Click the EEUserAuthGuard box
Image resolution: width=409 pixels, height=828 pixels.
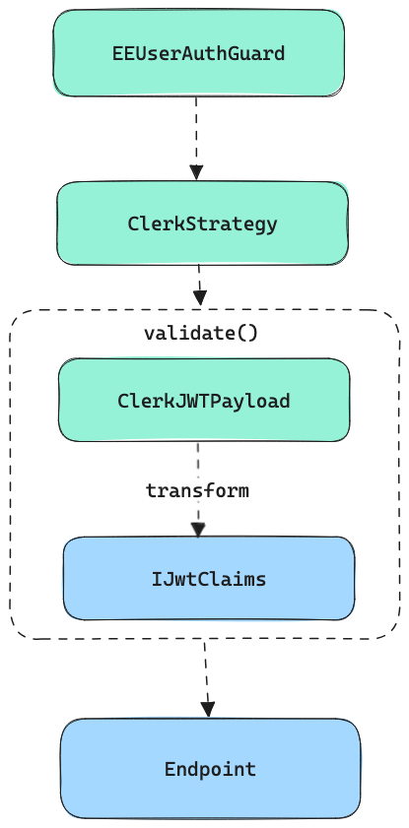click(199, 53)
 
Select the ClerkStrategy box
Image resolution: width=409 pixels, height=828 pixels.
click(202, 223)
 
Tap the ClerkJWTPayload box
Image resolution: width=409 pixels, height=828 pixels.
click(204, 401)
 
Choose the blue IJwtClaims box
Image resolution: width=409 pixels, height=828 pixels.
click(209, 579)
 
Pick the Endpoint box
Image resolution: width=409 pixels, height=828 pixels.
click(210, 768)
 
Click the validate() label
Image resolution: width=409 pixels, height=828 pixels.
click(201, 333)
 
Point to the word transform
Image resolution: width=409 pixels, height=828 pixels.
click(197, 490)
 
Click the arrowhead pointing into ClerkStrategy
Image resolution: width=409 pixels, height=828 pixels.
click(196, 172)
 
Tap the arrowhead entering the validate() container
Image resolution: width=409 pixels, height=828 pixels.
click(200, 297)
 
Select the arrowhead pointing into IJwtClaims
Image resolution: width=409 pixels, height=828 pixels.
click(198, 530)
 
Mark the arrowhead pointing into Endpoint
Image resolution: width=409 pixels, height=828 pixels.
click(208, 710)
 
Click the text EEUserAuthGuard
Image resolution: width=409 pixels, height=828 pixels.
click(199, 53)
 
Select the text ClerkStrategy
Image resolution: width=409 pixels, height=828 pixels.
click(202, 223)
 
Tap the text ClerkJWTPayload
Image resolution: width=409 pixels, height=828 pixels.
click(204, 401)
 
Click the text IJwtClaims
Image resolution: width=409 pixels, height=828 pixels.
click(209, 579)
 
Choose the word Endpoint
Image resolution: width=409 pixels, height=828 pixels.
click(210, 769)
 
